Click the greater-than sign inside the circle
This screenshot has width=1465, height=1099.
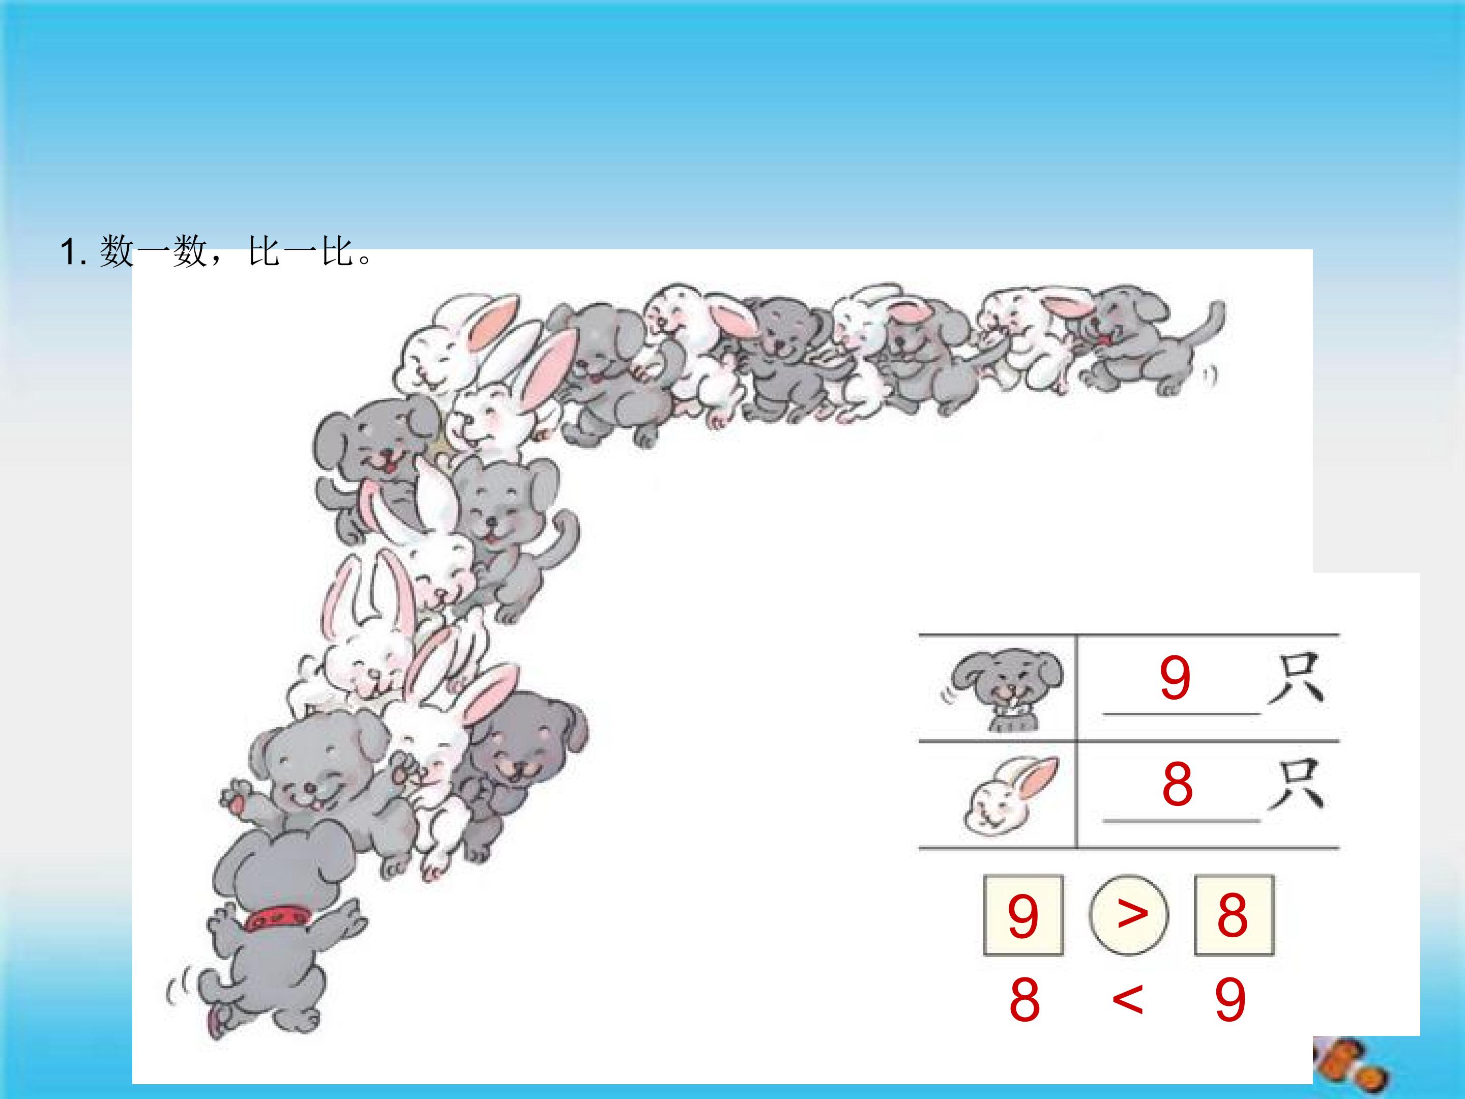[x=1132, y=913]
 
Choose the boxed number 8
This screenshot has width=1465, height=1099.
[x=1233, y=915]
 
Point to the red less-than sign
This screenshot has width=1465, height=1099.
[x=1128, y=999]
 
